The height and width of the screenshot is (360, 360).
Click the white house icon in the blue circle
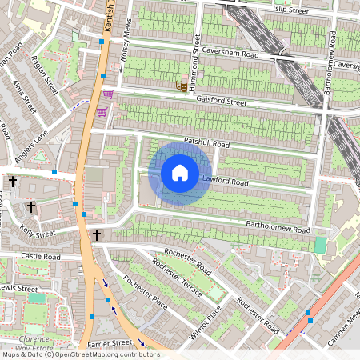click(x=180, y=172)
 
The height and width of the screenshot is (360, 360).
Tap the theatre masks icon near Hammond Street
click(x=182, y=84)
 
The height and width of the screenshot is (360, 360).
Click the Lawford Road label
click(x=225, y=182)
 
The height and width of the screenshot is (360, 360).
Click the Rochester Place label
click(x=145, y=294)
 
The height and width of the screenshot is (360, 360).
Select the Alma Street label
click(x=24, y=94)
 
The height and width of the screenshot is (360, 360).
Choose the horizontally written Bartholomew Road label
click(x=277, y=229)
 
